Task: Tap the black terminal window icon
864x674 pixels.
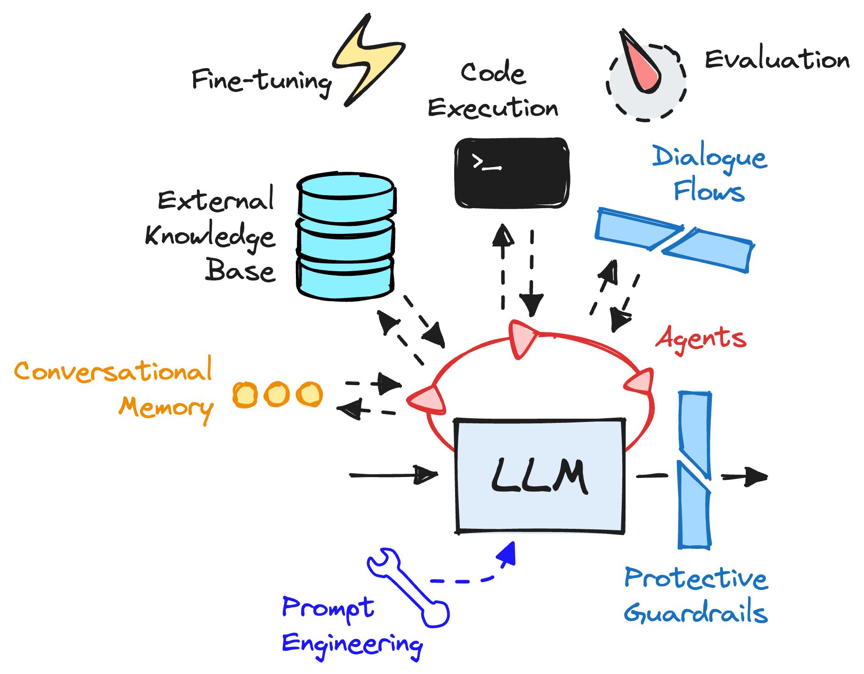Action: pyautogui.click(x=512, y=173)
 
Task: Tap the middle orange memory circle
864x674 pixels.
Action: pyautogui.click(x=277, y=394)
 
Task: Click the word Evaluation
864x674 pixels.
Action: pyautogui.click(x=777, y=59)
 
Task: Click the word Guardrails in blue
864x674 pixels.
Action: pyautogui.click(x=695, y=613)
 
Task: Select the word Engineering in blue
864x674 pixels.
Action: pyautogui.click(x=352, y=645)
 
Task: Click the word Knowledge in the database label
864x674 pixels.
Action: pyautogui.click(x=210, y=236)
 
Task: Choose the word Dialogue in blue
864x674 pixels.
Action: pyautogui.click(x=709, y=157)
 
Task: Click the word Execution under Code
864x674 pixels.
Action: pyautogui.click(x=493, y=108)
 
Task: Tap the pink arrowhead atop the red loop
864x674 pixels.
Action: pyautogui.click(x=522, y=338)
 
